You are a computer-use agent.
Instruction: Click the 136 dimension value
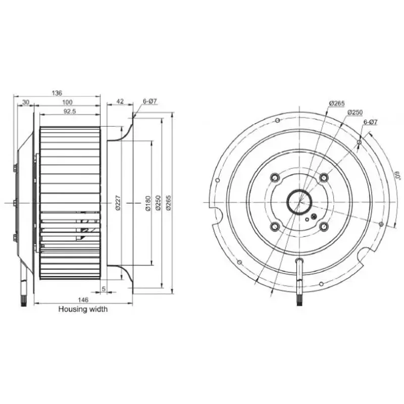[57, 93]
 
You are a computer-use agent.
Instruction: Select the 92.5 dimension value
[70, 112]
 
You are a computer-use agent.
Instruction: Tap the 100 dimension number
[67, 103]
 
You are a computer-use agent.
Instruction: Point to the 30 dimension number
[26, 103]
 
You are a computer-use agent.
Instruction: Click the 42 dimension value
[120, 102]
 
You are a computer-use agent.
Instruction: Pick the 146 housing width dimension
[83, 299]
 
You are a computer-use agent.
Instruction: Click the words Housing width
[83, 309]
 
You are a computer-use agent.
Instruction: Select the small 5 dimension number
[104, 289]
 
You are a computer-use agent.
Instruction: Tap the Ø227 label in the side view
[118, 203]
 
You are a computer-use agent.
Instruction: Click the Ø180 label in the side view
[148, 204]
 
